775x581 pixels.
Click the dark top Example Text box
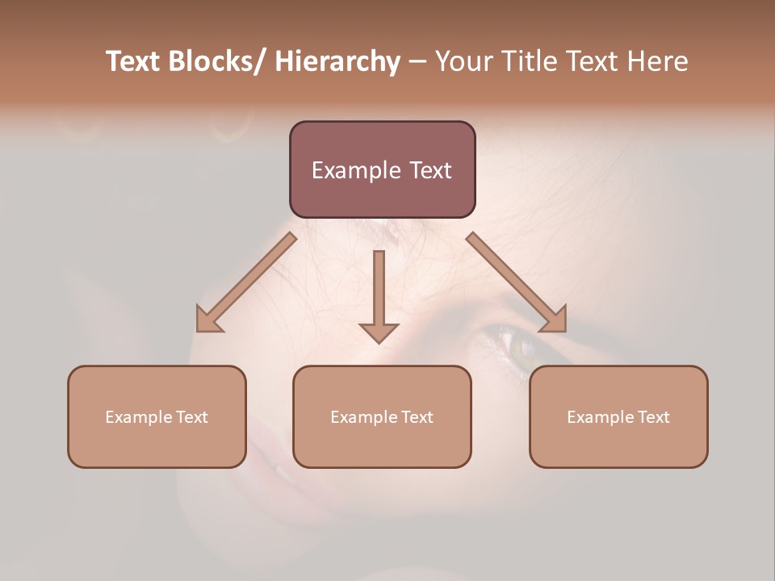[382, 169]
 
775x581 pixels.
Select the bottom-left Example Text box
[157, 416]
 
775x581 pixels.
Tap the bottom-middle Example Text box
[382, 416]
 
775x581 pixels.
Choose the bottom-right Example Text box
[618, 416]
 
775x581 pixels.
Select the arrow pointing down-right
[517, 282]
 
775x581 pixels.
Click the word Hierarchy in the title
[337, 62]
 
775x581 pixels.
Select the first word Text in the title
[134, 62]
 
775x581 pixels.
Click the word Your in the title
[463, 62]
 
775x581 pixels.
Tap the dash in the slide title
[417, 62]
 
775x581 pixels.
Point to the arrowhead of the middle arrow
[379, 332]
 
